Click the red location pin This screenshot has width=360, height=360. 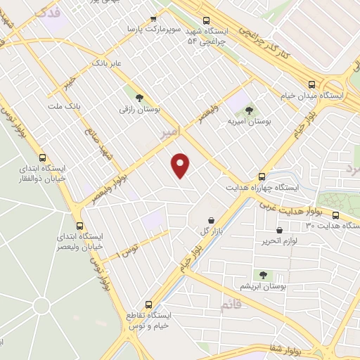pos(181,165)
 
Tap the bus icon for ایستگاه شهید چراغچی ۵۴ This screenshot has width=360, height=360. pos(206,21)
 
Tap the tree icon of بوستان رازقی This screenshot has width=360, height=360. pos(138,97)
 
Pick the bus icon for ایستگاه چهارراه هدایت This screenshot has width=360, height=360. pos(262,176)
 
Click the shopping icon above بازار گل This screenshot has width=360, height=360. pos(211,221)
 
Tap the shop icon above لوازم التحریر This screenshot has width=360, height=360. pos(280,230)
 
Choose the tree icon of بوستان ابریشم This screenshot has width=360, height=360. pos(263,275)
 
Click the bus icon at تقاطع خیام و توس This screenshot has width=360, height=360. pos(148,305)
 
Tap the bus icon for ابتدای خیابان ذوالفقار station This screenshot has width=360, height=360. pos(44,158)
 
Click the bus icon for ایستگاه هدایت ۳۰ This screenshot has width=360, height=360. pos(335,214)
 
